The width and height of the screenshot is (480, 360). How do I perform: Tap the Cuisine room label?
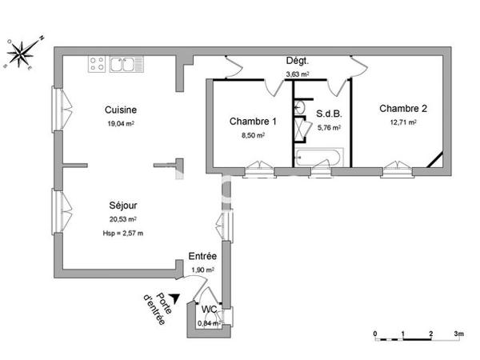pyautogui.click(x=120, y=110)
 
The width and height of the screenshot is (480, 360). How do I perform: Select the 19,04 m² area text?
pyautogui.click(x=120, y=124)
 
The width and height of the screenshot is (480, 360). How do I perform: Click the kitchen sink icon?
pyautogui.click(x=125, y=63)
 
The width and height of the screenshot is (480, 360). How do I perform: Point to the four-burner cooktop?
pyautogui.click(x=98, y=63)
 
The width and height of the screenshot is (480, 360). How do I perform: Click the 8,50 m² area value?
pyautogui.click(x=252, y=135)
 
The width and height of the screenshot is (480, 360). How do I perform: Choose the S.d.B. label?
pyautogui.click(x=329, y=114)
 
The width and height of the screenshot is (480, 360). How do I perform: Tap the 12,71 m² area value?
pyautogui.click(x=403, y=122)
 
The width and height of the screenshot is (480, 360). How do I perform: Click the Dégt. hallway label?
pyautogui.click(x=298, y=62)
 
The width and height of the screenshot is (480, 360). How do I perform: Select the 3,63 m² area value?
pyautogui.click(x=298, y=75)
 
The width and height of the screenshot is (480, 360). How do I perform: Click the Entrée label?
pyautogui.click(x=202, y=256)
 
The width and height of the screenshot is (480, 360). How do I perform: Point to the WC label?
pyautogui.click(x=208, y=309)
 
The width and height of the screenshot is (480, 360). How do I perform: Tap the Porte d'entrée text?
pyautogui.click(x=156, y=306)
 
